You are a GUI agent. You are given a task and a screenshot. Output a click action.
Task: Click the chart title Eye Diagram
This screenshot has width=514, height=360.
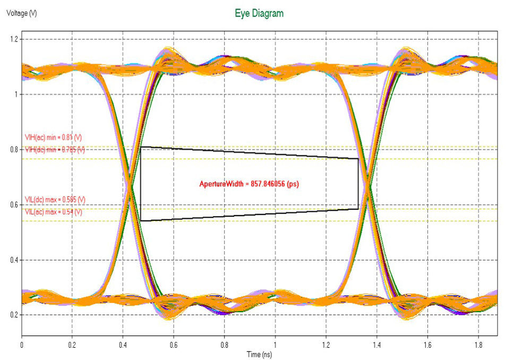(x=259, y=13)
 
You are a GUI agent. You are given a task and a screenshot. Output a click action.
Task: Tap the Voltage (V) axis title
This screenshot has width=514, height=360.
(x=21, y=13)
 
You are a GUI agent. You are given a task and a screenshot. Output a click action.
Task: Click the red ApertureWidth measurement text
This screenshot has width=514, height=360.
(x=250, y=184)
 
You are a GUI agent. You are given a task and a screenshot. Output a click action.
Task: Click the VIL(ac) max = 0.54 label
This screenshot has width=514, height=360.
(x=54, y=212)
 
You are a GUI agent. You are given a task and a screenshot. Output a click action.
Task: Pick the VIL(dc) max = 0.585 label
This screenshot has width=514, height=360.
(x=55, y=199)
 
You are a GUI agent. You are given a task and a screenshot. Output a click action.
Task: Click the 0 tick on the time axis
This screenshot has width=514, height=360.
(x=22, y=345)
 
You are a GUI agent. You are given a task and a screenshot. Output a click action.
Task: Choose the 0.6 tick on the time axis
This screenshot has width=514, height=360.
(x=174, y=345)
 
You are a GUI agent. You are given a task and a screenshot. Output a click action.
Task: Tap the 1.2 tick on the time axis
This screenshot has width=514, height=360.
(x=325, y=345)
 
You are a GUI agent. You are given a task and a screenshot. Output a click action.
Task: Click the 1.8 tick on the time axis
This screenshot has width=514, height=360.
(x=477, y=345)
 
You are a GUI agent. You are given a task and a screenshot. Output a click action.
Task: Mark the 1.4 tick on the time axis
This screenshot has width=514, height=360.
(x=376, y=345)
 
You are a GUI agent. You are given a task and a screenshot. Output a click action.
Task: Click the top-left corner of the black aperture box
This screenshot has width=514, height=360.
(x=141, y=147)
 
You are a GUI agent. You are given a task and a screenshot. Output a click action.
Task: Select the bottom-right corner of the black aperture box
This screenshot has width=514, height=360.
(x=358, y=209)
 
